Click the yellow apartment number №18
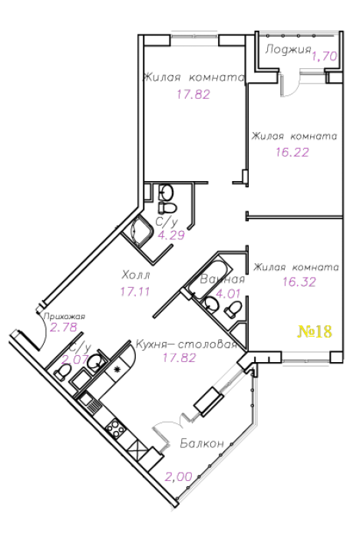pyautogui.click(x=315, y=331)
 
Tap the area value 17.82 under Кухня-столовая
pyautogui.click(x=179, y=358)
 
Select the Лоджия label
pyautogui.click(x=288, y=49)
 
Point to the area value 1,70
pyautogui.click(x=325, y=57)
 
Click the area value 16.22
pyautogui.click(x=292, y=152)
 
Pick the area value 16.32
pyautogui.click(x=299, y=282)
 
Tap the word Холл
pyautogui.click(x=136, y=275)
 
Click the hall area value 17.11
pyautogui.click(x=135, y=292)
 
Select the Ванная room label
pyautogui.click(x=223, y=279)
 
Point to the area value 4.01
pyautogui.click(x=228, y=294)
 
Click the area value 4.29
pyautogui.click(x=171, y=236)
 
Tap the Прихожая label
pyautogui.click(x=64, y=316)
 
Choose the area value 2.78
pyautogui.click(x=64, y=328)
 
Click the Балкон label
pyautogui.click(x=202, y=443)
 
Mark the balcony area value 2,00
pyautogui.click(x=178, y=476)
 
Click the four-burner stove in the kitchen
pyautogui.click(x=114, y=429)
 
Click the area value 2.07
pyautogui.click(x=74, y=360)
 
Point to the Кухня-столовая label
pyautogui.click(x=187, y=344)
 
